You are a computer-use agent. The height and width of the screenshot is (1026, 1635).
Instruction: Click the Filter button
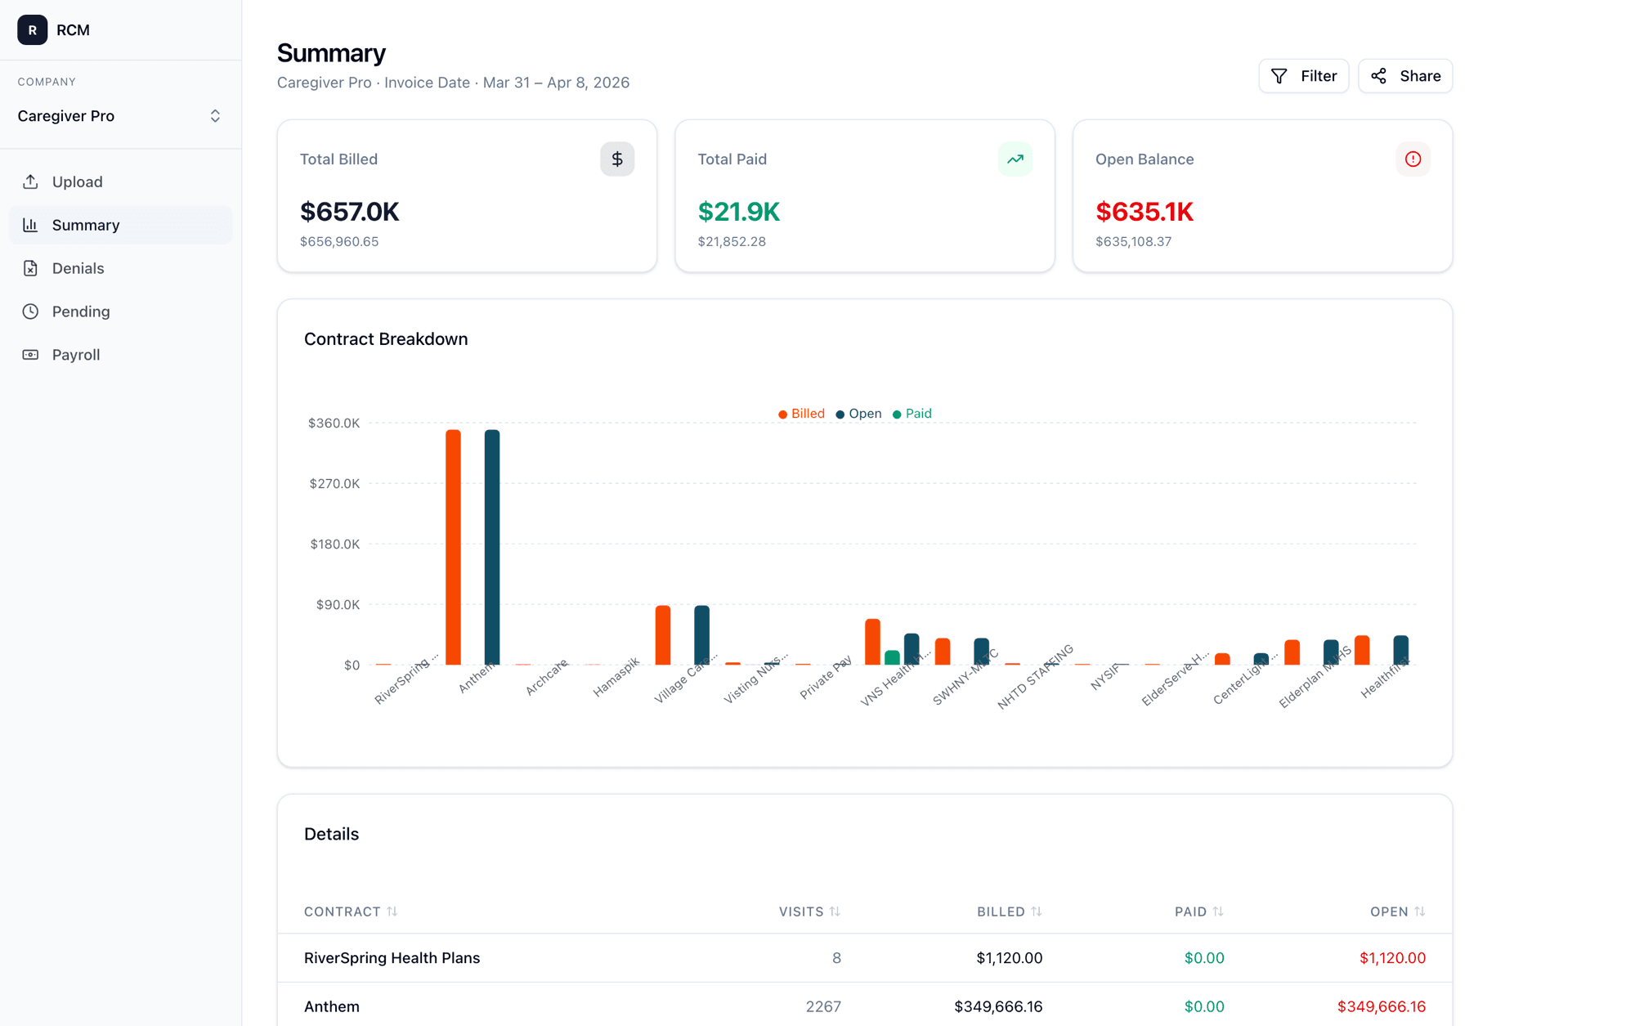(1303, 76)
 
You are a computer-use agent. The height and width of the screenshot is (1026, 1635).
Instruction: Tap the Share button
(1404, 76)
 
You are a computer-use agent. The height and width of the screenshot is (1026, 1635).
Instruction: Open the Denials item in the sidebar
(78, 268)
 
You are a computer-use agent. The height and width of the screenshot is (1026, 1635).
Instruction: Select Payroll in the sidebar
(75, 355)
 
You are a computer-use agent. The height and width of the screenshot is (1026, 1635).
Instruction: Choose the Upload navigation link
(77, 181)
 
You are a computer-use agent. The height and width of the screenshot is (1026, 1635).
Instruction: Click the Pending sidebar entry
(80, 311)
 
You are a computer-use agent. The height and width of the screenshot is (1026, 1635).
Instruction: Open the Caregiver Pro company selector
(120, 116)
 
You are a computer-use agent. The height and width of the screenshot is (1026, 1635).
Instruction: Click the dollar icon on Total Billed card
(617, 159)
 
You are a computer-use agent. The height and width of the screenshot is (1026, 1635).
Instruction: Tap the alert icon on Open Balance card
(1413, 159)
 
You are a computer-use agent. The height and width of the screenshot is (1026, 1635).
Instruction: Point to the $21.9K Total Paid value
(738, 212)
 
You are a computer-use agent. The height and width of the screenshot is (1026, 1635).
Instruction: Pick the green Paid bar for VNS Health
(892, 657)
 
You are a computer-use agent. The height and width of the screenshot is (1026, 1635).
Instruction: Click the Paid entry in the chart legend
(912, 414)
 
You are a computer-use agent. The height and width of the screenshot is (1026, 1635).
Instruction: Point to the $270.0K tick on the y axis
(334, 484)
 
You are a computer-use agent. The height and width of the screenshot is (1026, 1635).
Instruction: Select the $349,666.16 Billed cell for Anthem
(997, 1006)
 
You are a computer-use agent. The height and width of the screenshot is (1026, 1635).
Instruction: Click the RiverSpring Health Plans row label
(392, 958)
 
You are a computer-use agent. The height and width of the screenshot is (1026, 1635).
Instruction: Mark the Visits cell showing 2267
(822, 1006)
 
